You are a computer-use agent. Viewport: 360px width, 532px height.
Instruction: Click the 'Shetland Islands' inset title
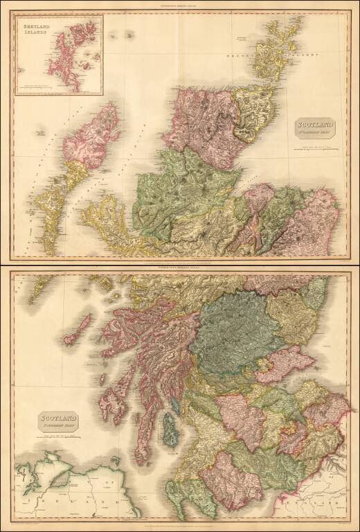(x=39, y=30)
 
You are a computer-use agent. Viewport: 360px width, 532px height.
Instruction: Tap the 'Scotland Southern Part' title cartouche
(x=58, y=420)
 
